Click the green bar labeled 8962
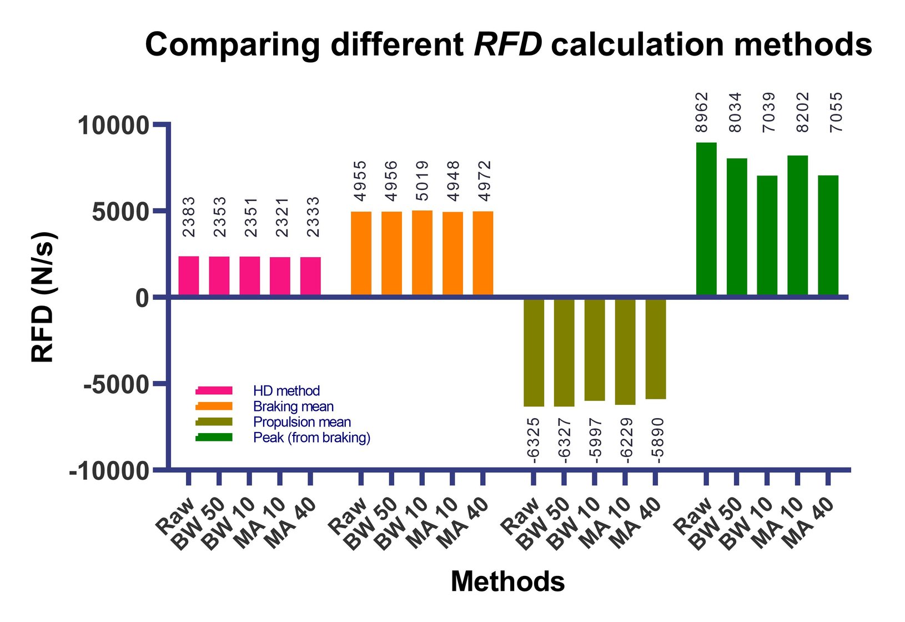click(706, 219)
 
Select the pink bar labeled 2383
click(188, 276)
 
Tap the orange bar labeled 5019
click(422, 253)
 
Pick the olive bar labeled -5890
click(655, 348)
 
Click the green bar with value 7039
click(767, 235)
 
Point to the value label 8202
click(803, 112)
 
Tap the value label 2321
click(283, 217)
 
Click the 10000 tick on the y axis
click(113, 126)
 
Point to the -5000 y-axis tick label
click(116, 384)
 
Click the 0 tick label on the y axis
click(142, 298)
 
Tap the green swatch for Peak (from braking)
click(214, 438)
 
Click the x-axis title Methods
click(507, 582)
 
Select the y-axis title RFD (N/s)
click(43, 297)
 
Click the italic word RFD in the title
click(507, 44)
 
